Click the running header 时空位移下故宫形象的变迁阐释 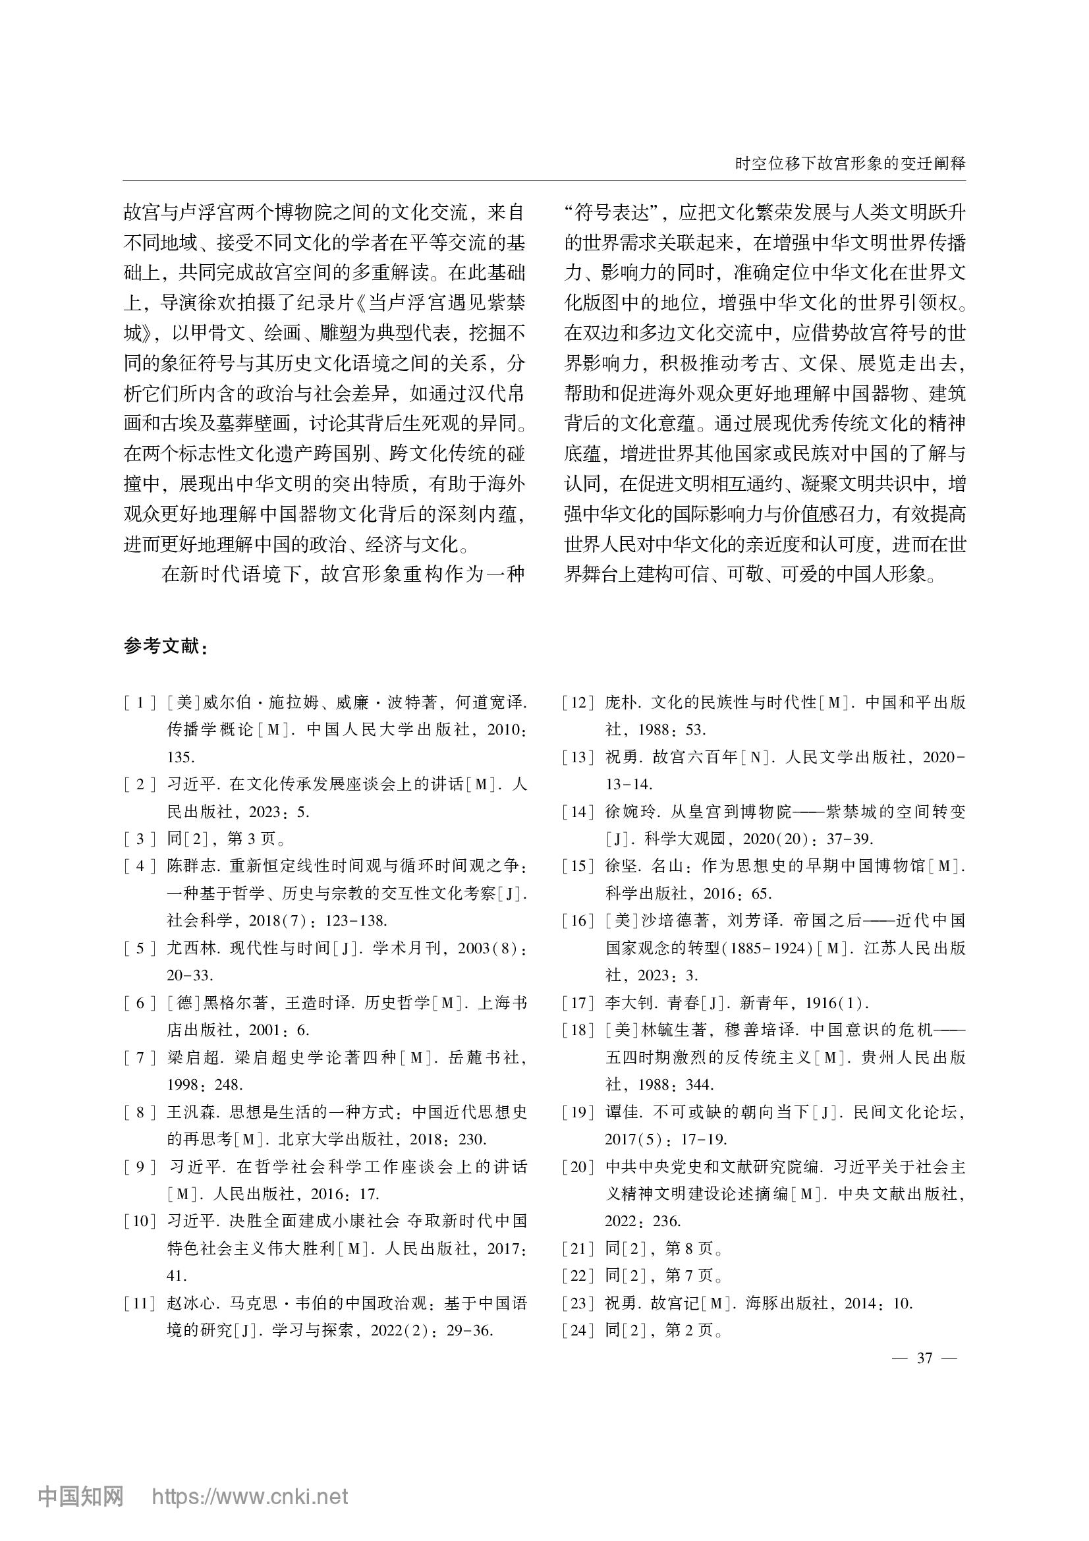click(850, 163)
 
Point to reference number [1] click(140, 703)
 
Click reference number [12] click(578, 703)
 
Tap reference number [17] click(578, 1003)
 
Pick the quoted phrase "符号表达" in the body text click(613, 213)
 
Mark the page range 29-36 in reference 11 click(470, 1330)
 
